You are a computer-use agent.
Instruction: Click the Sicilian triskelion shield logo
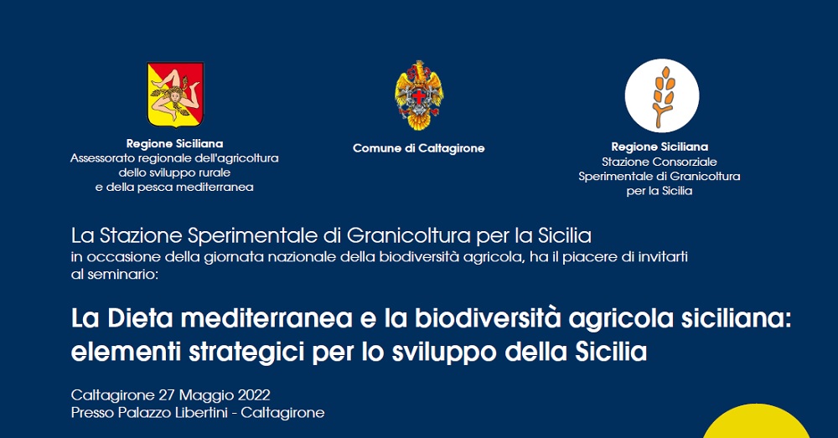click(x=175, y=95)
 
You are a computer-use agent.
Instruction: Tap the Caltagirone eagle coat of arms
click(x=419, y=95)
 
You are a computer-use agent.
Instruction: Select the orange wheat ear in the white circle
click(x=663, y=96)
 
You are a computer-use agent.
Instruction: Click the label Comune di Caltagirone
click(x=418, y=148)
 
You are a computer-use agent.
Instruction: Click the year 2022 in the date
click(x=254, y=395)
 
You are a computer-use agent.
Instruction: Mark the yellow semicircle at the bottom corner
click(x=756, y=422)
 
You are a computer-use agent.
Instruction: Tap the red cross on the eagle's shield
click(x=419, y=96)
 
